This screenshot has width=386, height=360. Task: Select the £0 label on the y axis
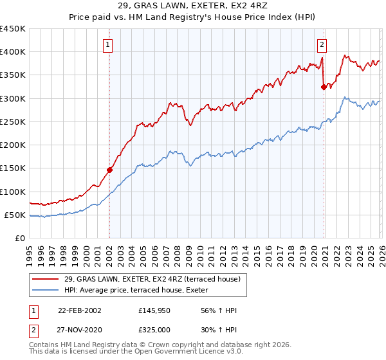(x=20, y=238)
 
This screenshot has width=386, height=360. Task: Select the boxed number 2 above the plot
(x=322, y=44)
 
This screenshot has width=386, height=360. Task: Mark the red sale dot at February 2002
(x=110, y=170)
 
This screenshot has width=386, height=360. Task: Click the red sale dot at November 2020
(x=324, y=87)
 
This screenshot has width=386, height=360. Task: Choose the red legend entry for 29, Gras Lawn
(x=152, y=279)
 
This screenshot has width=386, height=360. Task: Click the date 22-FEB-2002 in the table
(x=79, y=311)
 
